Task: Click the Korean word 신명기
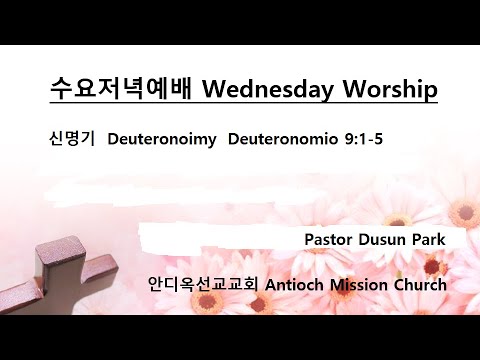(x=70, y=137)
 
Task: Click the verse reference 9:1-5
(x=360, y=137)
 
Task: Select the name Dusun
(x=385, y=241)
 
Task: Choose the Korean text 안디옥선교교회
(x=203, y=284)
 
